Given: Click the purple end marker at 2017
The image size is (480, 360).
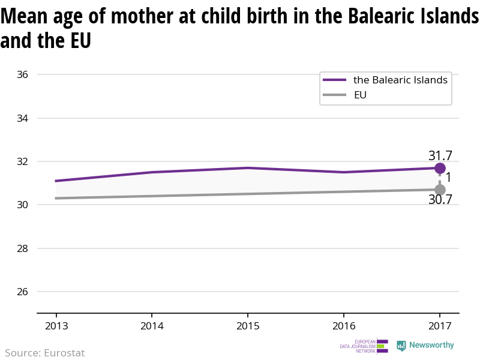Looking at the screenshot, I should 440,168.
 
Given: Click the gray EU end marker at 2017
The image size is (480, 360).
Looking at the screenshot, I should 440,190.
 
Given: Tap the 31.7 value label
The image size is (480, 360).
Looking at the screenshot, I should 440,155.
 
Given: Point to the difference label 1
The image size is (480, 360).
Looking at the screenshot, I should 448,178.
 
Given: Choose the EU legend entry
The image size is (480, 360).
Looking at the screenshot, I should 360,95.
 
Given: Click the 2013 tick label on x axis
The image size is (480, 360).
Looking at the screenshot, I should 56,326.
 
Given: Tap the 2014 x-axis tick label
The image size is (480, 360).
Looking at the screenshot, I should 152,326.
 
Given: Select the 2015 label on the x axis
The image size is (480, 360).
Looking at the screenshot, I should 248,326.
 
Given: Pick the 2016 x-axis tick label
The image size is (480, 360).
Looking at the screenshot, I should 343,326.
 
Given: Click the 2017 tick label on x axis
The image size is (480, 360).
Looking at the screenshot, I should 440,326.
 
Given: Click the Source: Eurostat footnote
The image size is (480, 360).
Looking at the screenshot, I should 45,353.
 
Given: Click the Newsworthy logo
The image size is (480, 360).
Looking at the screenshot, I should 425,346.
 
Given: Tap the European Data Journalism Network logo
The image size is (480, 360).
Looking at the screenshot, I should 364,346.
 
